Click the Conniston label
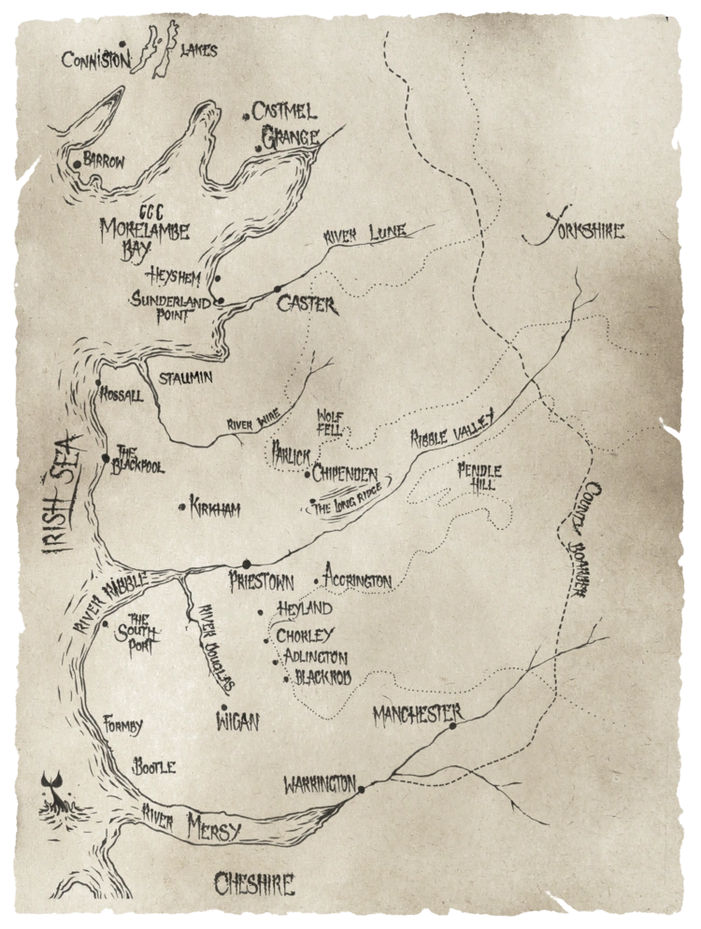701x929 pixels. pos(96,61)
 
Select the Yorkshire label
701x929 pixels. pos(575,230)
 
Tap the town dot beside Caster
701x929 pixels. pos(277,289)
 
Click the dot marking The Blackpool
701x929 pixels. pos(106,457)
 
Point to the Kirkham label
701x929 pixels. pos(215,509)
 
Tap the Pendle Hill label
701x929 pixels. pos(479,477)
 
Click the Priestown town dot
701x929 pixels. pos(247,564)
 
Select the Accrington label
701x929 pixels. pos(357,581)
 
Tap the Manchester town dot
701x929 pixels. pos(452,726)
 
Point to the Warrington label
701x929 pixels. pos(321,782)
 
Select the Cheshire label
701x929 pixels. pos(253,883)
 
